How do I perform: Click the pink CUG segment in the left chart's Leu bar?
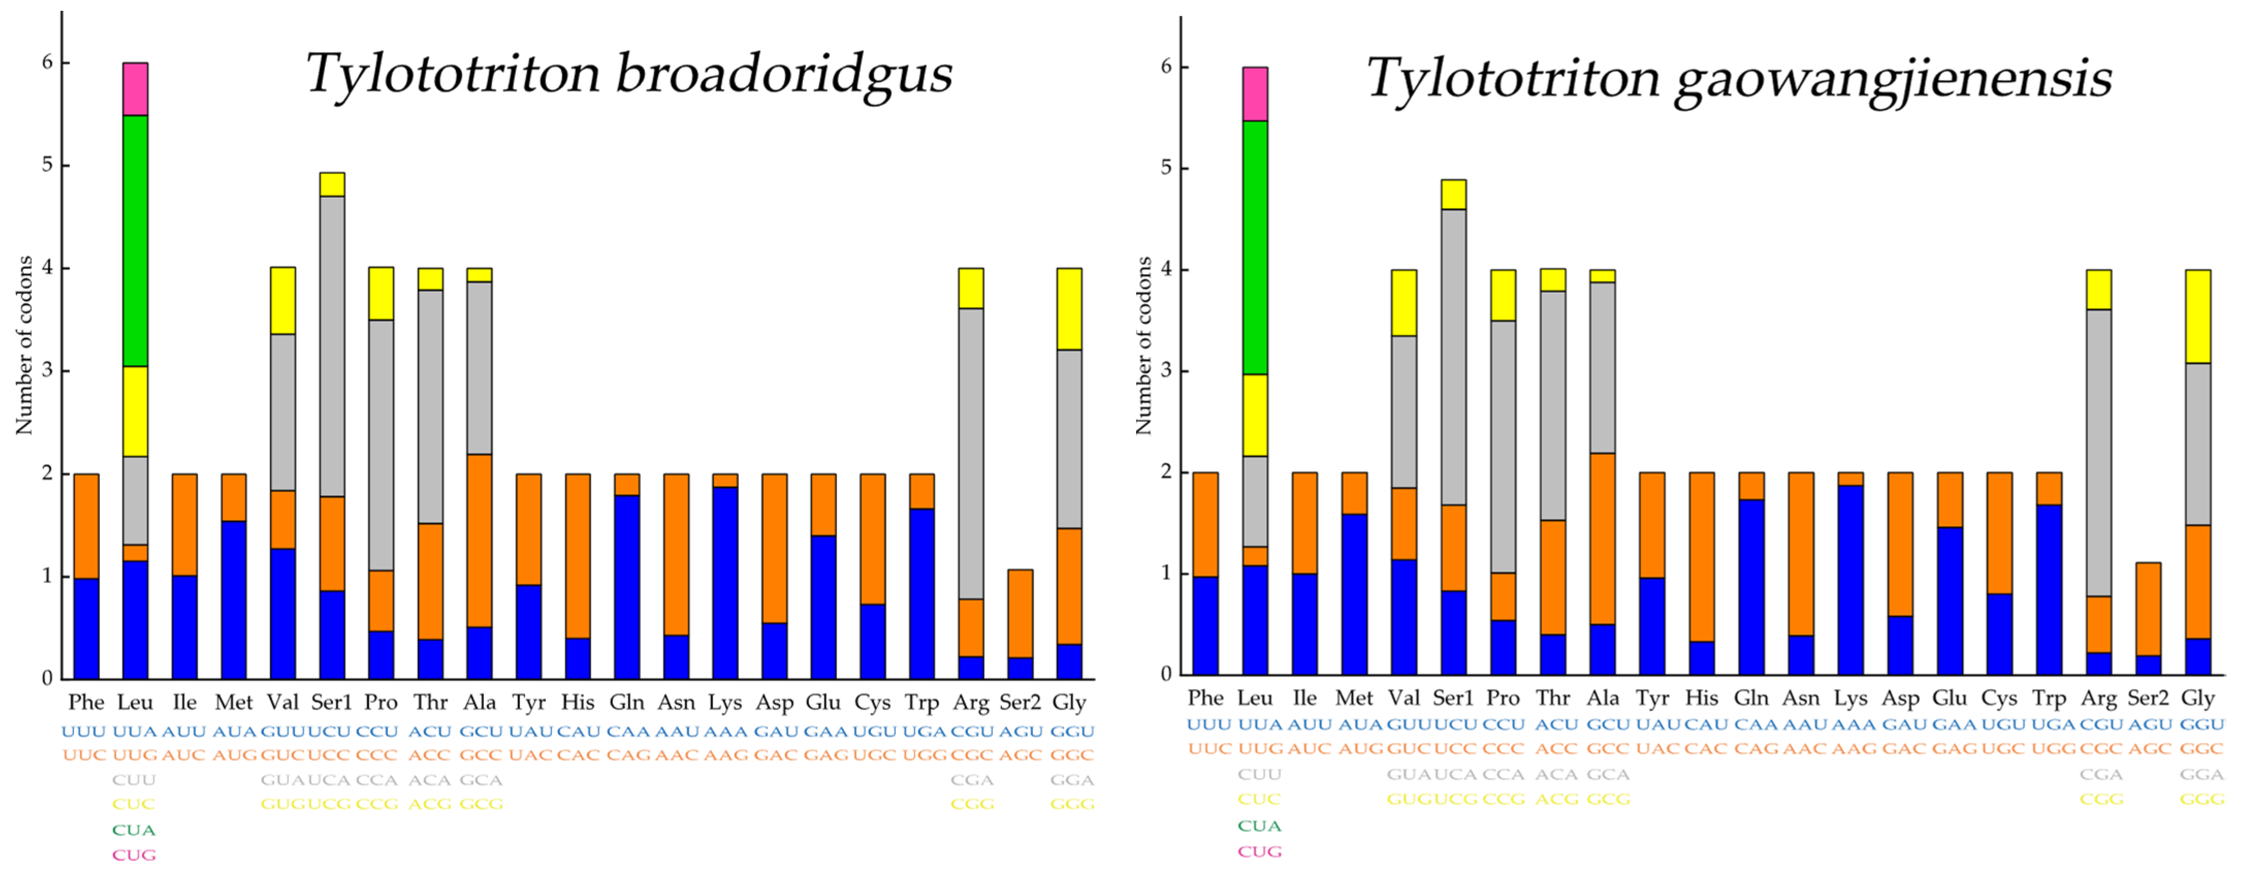[135, 89]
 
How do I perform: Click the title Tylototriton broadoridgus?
[628, 74]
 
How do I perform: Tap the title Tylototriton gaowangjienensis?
[1738, 78]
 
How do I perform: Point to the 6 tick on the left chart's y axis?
[47, 62]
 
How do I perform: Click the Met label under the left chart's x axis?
[233, 702]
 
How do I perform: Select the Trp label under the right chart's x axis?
[2048, 697]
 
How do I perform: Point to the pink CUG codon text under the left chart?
[134, 854]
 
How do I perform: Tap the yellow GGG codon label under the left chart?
[1072, 804]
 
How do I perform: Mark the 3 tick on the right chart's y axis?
[1166, 371]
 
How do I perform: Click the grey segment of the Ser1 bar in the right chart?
[1453, 357]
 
